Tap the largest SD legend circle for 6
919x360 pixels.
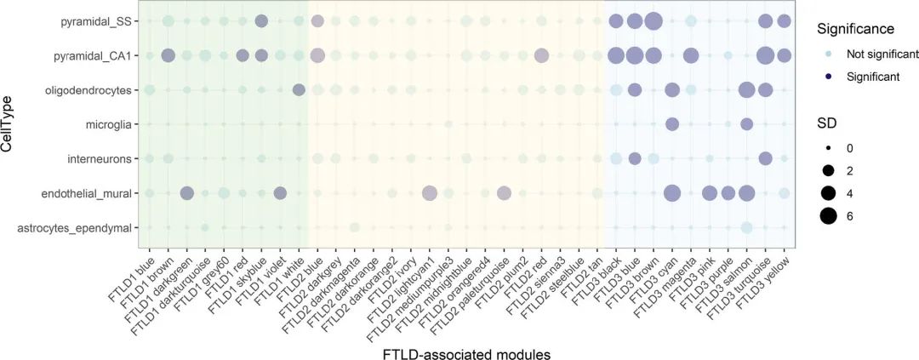point(829,216)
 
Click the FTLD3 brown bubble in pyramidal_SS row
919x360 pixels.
point(653,21)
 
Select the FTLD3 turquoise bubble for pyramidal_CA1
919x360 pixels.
point(765,55)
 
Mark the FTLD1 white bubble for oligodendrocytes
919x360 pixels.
point(299,90)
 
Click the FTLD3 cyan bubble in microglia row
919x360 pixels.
point(671,124)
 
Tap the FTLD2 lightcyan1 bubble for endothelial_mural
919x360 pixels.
point(429,193)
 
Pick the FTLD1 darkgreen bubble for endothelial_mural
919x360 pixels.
point(186,193)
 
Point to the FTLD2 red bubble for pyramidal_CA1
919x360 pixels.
point(541,55)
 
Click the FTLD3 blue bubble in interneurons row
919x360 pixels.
point(634,158)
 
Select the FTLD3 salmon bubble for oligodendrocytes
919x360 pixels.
point(746,90)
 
